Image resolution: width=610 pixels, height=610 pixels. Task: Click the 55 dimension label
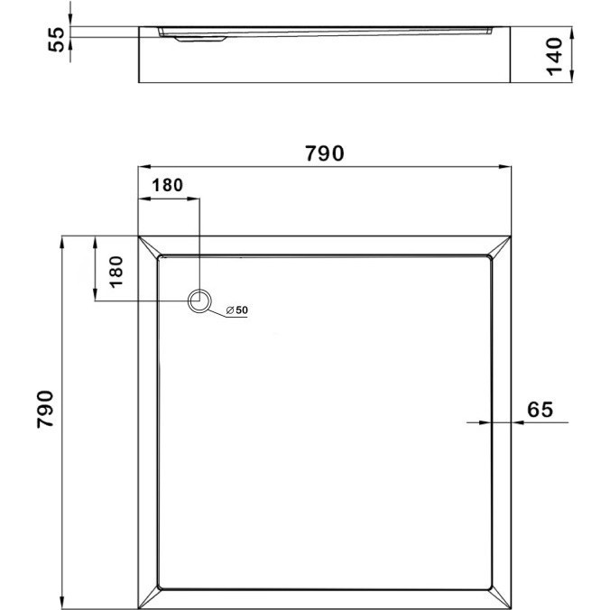(x=57, y=39)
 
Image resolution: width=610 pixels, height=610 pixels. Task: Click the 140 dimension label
(x=554, y=57)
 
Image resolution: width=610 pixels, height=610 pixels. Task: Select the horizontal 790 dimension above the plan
(x=325, y=153)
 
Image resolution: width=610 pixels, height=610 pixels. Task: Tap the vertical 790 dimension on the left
(x=45, y=410)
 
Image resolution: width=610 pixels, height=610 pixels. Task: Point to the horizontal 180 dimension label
(x=167, y=185)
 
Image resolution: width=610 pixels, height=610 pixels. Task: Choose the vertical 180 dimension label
(x=116, y=272)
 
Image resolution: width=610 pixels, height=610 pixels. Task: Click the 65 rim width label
(x=540, y=410)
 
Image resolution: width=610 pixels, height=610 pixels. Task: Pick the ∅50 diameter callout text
(x=237, y=310)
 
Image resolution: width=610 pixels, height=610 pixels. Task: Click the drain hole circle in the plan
(x=199, y=300)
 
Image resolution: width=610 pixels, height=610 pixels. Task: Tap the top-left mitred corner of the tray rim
(x=149, y=246)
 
